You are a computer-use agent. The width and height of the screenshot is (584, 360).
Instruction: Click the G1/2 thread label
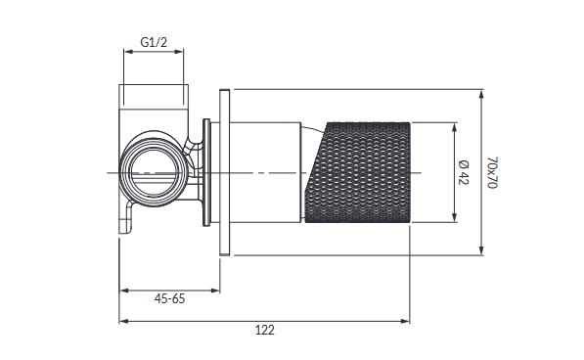pyautogui.click(x=154, y=42)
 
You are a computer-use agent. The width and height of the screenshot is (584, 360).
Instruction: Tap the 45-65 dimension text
pyautogui.click(x=169, y=298)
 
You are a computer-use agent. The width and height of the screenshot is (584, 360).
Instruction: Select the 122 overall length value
pyautogui.click(x=265, y=330)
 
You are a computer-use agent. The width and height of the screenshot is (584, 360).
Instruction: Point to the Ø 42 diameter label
pyautogui.click(x=464, y=172)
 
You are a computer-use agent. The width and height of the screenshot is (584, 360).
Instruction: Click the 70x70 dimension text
pyautogui.click(x=493, y=172)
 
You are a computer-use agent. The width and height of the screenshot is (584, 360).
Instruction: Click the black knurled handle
pyautogui.click(x=358, y=172)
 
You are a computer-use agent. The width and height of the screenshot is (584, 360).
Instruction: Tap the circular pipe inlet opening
pyautogui.click(x=154, y=172)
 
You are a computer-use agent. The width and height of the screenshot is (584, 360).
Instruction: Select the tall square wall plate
pyautogui.click(x=225, y=172)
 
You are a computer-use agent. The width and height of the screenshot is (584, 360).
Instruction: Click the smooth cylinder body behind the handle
pyautogui.click(x=265, y=172)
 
